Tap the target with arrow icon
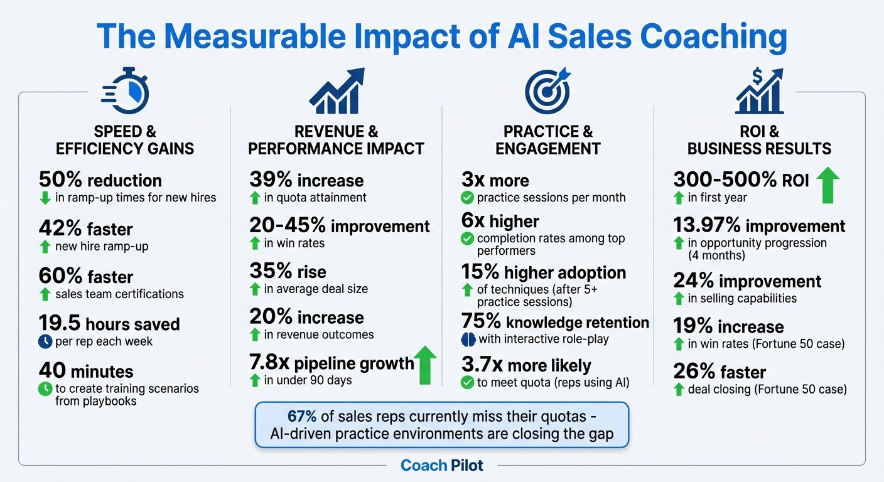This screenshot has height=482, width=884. pos(547,91)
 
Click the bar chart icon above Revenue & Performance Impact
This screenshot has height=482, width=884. pos(337,91)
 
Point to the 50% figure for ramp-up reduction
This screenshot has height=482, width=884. pos(61,180)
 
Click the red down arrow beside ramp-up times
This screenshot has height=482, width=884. pos(45,198)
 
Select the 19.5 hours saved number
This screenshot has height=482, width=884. pos(63,324)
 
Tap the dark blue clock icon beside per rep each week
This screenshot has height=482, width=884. pos(45,342)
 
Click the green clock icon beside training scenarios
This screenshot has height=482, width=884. pos(45,389)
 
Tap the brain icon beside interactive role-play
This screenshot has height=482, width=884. pos(468,339)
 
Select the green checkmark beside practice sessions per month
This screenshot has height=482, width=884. pos(467,198)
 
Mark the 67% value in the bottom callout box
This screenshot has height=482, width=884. pos(303,416)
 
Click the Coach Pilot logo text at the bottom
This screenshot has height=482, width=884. pos(442,465)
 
